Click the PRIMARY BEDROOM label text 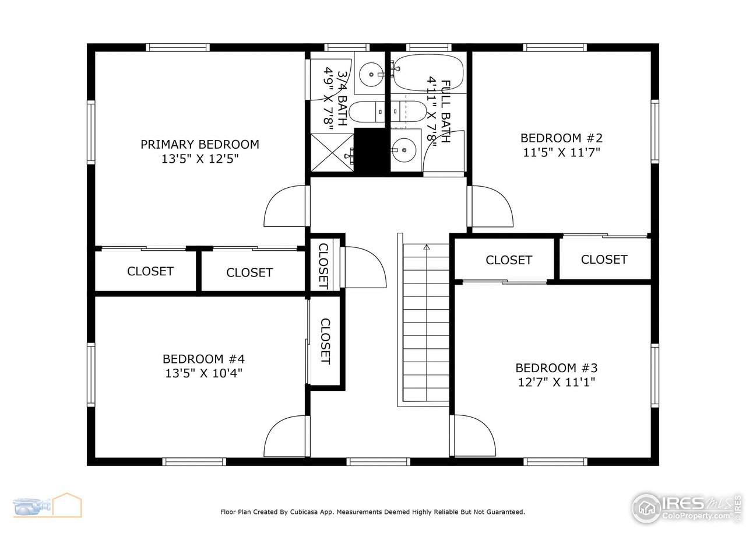tap(199, 144)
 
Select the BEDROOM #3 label tap(556, 368)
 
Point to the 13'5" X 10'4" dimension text tap(203, 373)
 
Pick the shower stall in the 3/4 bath tap(332, 153)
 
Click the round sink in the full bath tap(404, 151)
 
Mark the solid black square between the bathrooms tap(371, 151)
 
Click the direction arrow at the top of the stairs tap(426, 247)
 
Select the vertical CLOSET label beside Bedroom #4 tap(325, 341)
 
